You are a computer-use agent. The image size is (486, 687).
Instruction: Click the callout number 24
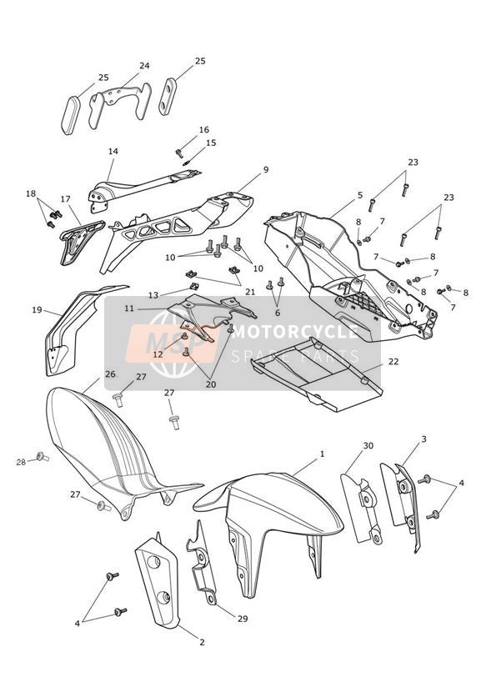pos(144,66)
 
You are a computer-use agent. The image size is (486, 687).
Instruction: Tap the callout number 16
pos(203,130)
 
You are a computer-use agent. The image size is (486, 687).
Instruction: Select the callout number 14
pos(113,151)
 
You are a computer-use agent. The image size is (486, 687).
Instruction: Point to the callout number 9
pos(266,169)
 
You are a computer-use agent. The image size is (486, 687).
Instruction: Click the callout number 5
pos(360,195)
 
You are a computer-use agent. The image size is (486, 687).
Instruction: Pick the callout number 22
pos(393,362)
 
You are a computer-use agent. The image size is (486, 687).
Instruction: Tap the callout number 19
pos(37,310)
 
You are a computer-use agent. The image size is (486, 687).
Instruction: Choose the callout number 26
pos(109,374)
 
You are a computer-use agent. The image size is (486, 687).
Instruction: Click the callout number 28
pos(21,462)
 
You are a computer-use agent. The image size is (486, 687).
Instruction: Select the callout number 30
pos(368,445)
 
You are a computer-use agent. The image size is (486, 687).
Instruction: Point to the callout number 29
pos(243,619)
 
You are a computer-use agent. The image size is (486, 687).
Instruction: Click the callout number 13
pos(153,296)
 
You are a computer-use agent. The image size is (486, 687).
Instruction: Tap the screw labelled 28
pos(43,458)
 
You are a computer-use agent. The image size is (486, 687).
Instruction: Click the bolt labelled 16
pos(178,153)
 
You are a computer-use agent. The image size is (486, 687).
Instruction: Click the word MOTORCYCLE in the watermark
pos(294,332)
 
